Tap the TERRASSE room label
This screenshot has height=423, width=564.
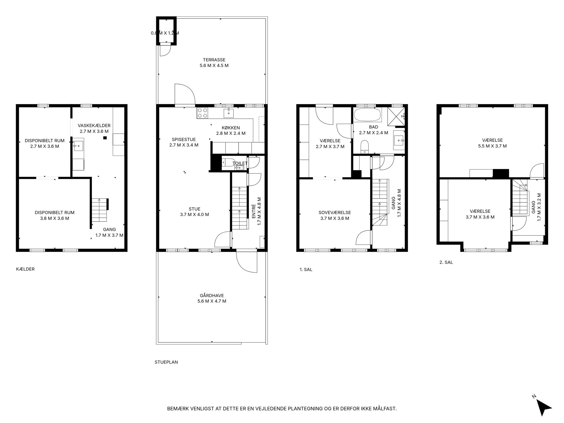coord(214,60)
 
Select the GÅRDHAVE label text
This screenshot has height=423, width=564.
coord(212,296)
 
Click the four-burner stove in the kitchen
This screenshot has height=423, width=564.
coord(202,113)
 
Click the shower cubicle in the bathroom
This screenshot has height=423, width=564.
coord(396,116)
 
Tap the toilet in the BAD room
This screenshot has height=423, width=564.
coord(365,147)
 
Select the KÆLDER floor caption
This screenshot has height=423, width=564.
coord(25,269)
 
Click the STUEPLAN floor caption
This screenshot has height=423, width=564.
coord(166,362)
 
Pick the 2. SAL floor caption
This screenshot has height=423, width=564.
coord(446,262)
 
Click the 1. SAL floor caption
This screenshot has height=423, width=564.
coord(306,270)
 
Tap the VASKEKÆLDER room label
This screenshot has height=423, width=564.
coord(94,125)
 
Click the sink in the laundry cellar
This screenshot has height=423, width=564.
coord(79,146)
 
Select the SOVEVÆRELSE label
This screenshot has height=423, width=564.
coord(335,213)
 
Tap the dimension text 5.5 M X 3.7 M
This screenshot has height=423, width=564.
coord(492,146)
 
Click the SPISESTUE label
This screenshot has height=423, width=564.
coord(184,139)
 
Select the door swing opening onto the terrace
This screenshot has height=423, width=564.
coord(185,94)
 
